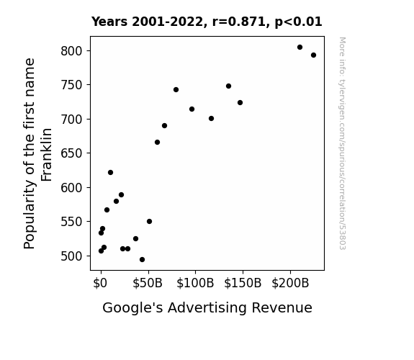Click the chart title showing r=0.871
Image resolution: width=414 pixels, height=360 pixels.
(207, 22)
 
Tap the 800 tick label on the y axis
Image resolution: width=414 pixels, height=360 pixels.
(71, 50)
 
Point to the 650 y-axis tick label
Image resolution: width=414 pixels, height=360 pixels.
(71, 153)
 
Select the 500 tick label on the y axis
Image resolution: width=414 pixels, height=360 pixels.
(71, 256)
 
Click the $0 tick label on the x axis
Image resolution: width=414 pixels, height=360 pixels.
(100, 283)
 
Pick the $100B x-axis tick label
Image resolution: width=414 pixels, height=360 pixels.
(195, 283)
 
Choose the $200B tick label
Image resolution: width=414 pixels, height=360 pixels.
(290, 283)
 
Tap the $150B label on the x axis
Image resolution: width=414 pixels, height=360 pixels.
(243, 283)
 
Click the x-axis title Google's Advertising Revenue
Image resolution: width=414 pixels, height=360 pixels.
(207, 307)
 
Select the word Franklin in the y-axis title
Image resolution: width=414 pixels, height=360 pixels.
(47, 155)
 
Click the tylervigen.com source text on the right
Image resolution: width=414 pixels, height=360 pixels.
(342, 143)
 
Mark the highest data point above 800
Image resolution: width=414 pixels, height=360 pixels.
(300, 48)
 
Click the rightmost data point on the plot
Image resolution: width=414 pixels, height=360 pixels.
(313, 55)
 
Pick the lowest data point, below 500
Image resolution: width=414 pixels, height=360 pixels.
(142, 260)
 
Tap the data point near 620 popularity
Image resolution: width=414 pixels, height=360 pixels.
(110, 173)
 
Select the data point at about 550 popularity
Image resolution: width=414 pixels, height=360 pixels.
(149, 221)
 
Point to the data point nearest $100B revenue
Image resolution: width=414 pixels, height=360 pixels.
(192, 109)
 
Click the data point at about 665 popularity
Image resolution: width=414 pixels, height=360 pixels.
(157, 143)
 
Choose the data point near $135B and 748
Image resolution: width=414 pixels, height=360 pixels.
(228, 86)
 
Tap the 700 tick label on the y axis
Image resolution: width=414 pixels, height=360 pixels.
(71, 119)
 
